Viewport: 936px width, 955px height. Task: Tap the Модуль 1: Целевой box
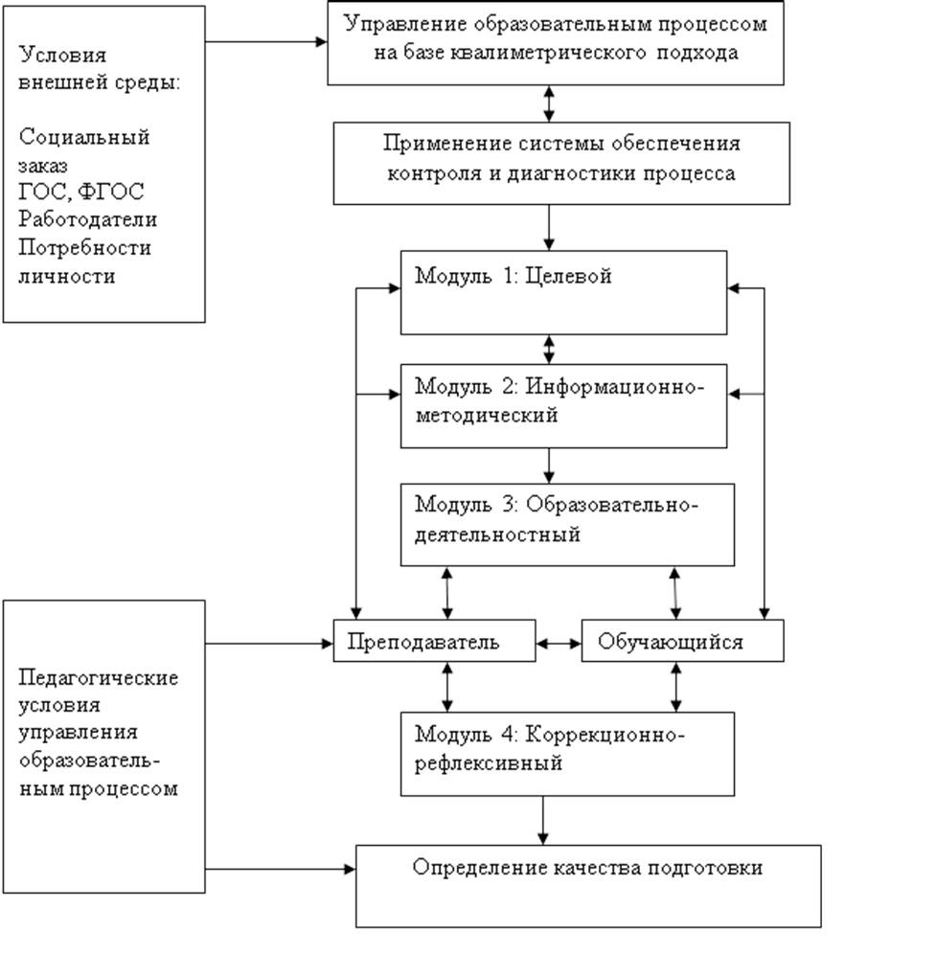tap(563, 292)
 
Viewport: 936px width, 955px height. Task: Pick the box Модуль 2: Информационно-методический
tap(563, 405)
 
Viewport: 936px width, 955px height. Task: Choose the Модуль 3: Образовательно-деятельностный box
tap(567, 524)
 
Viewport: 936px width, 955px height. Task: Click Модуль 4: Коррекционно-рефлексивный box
tap(567, 753)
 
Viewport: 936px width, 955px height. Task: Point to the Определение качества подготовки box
tap(588, 885)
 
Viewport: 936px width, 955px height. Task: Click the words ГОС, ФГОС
tap(80, 193)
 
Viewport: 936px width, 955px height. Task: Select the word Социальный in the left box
tap(84, 136)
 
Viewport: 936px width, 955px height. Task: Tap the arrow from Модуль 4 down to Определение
tap(544, 820)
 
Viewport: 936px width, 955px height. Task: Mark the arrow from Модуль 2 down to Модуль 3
tap(549, 465)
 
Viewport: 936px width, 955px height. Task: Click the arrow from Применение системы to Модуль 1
tap(549, 227)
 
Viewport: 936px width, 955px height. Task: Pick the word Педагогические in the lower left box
tap(99, 677)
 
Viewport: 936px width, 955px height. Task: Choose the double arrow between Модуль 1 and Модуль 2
tap(549, 349)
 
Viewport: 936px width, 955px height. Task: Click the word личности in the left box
tap(66, 276)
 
